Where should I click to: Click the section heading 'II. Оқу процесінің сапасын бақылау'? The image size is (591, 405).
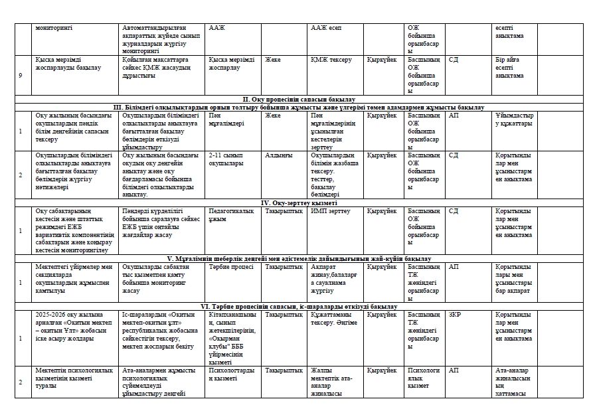[298, 99]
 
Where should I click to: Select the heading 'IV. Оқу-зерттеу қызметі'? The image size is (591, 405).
[298, 203]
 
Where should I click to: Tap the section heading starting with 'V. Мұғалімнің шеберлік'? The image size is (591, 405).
[298, 258]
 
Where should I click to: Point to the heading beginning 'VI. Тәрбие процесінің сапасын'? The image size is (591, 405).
[298, 306]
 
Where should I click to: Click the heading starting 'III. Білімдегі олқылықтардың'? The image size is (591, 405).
[298, 107]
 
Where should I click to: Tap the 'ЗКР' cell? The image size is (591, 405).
[455, 314]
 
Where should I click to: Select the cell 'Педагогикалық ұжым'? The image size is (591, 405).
[230, 214]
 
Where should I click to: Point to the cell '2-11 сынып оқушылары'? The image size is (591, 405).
[226, 159]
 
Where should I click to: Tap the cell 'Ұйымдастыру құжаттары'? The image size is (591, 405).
[514, 119]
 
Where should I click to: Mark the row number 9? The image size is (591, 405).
[21, 75]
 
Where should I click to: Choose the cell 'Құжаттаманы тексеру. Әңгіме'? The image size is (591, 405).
[333, 318]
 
